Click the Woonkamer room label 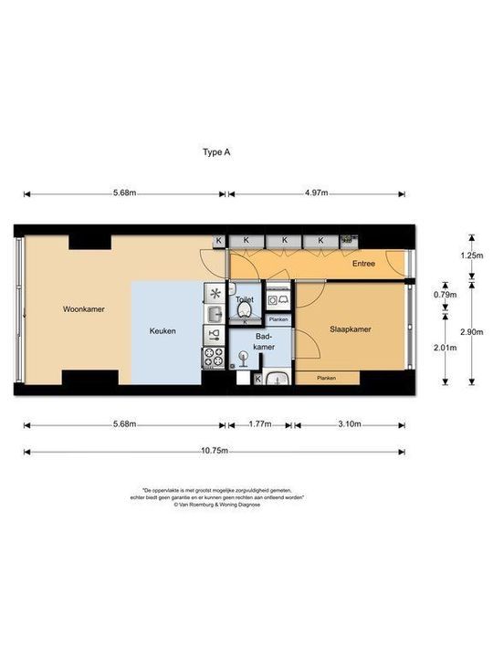[83, 309]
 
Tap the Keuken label [163, 331]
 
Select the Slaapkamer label [351, 330]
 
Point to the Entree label [364, 265]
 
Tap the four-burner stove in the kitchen [214, 358]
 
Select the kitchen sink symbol [214, 315]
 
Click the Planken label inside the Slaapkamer [326, 378]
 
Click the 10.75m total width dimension [215, 451]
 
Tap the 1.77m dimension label [259, 424]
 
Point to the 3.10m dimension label [350, 424]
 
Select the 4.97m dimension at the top [316, 193]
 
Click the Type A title [215, 153]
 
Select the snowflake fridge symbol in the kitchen [215, 293]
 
